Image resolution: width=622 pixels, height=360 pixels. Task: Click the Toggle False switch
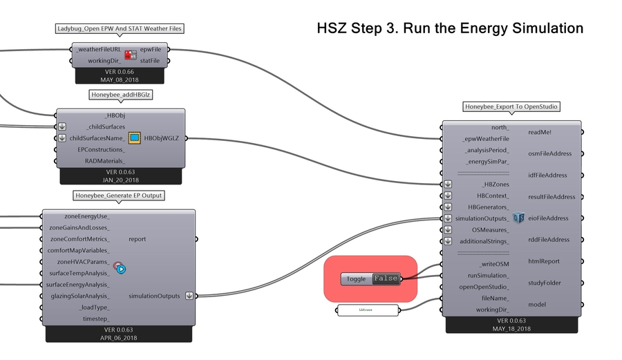coord(386,278)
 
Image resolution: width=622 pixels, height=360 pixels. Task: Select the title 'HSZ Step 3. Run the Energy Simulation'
coord(450,28)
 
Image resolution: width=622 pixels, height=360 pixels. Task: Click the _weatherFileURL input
coord(100,50)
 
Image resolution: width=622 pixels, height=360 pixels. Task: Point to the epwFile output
coord(150,50)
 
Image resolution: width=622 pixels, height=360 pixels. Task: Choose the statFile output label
coord(150,61)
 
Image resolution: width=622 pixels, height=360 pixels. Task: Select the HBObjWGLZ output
coord(161,138)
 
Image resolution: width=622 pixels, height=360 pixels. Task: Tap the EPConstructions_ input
coord(101,149)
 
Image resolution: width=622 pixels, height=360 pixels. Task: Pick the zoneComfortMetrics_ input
coord(79,239)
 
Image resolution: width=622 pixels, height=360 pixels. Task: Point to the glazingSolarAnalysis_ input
coord(79,296)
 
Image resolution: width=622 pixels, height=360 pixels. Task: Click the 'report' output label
coord(137,239)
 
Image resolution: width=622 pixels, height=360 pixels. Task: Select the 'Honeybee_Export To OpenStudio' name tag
coord(511,106)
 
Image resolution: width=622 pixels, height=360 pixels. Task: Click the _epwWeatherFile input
coord(486,139)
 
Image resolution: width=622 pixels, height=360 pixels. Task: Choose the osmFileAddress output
coord(549,153)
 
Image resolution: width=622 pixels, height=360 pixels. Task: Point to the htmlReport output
coord(543,261)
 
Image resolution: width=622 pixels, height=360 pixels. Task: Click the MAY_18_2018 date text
coord(511,329)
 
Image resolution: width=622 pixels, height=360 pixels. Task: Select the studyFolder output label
coord(545,283)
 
